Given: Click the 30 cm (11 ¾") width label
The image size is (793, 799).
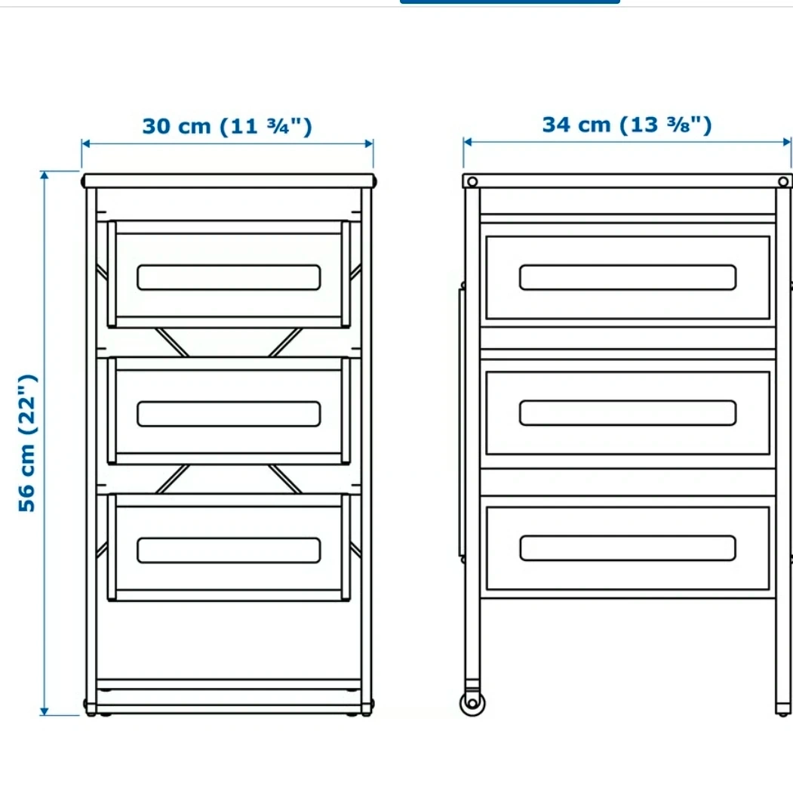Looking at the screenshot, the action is click(x=227, y=126).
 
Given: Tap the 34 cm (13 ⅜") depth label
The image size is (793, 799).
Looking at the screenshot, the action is click(x=626, y=125).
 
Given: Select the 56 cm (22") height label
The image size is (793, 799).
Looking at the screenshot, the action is click(x=27, y=443).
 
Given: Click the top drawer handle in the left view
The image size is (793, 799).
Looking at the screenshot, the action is click(x=229, y=277).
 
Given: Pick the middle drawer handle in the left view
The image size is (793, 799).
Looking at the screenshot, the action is click(x=229, y=414).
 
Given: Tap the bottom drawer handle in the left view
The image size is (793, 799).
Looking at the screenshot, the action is click(x=229, y=551).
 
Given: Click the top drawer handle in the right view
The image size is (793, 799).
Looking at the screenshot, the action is click(x=628, y=277).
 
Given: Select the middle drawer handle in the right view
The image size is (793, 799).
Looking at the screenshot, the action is click(x=628, y=413).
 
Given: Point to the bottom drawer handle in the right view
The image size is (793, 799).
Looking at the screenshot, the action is click(x=628, y=548).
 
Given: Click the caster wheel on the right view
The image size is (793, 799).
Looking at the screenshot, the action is click(x=472, y=703).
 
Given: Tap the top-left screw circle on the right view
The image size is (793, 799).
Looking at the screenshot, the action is click(x=472, y=182).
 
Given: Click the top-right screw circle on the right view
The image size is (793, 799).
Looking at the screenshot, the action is click(x=783, y=182).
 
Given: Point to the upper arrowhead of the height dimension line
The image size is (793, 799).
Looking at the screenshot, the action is click(x=45, y=175).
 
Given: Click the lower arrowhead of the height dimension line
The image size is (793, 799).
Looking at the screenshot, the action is click(x=45, y=711).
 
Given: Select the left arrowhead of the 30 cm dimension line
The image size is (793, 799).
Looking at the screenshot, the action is click(x=86, y=143).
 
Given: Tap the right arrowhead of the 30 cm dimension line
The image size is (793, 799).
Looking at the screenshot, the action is click(x=369, y=143).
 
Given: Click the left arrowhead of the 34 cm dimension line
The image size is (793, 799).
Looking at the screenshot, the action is click(x=468, y=142).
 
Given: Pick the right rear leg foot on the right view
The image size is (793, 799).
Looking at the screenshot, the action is click(x=783, y=709).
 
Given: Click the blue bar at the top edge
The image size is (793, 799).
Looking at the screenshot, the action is click(x=510, y=2).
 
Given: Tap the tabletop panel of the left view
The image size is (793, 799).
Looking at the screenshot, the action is click(x=229, y=181).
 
